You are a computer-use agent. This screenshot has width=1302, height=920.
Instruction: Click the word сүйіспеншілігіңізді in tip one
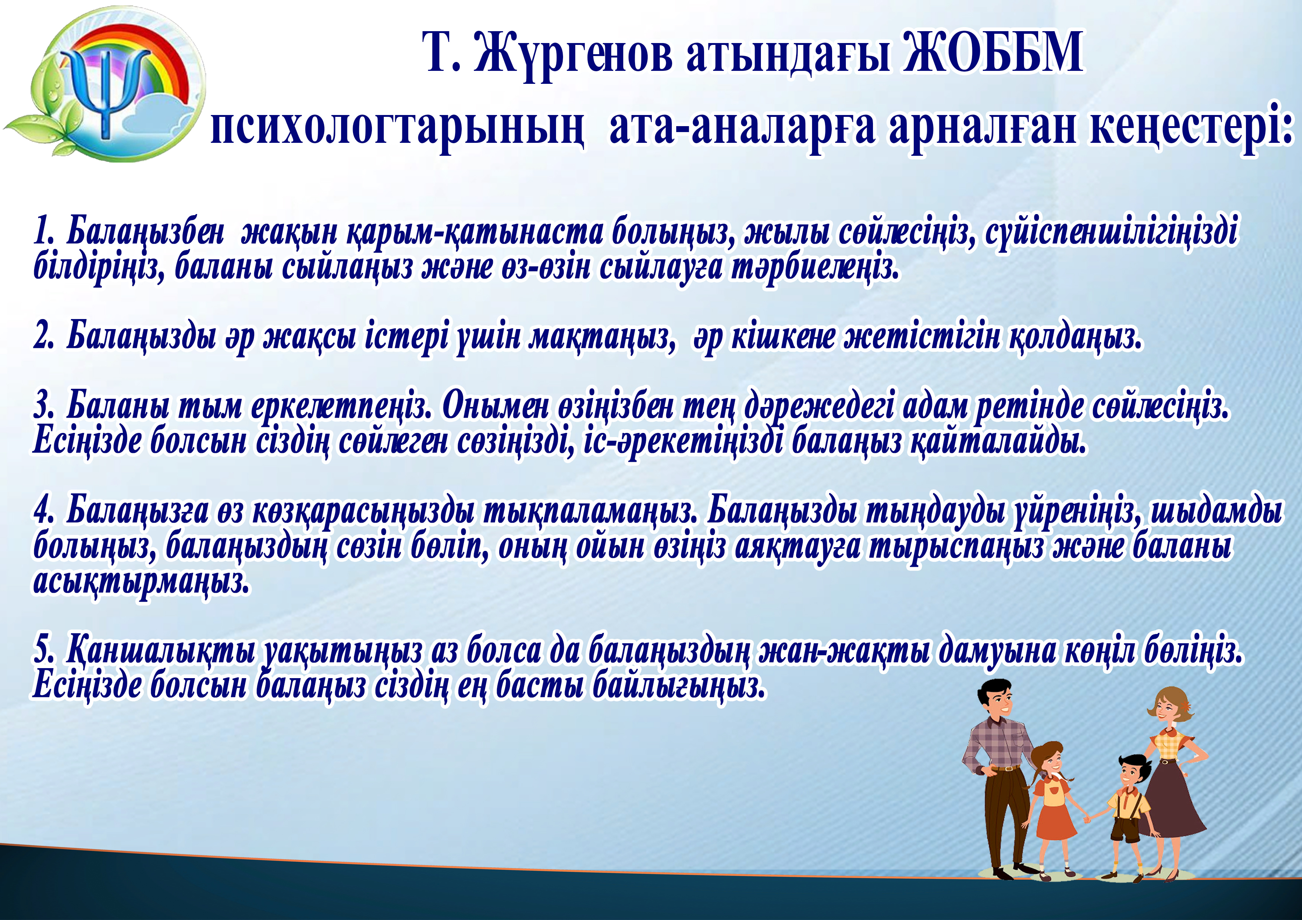click(x=1112, y=232)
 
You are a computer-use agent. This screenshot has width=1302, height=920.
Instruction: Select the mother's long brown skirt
click(x=1174, y=805)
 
